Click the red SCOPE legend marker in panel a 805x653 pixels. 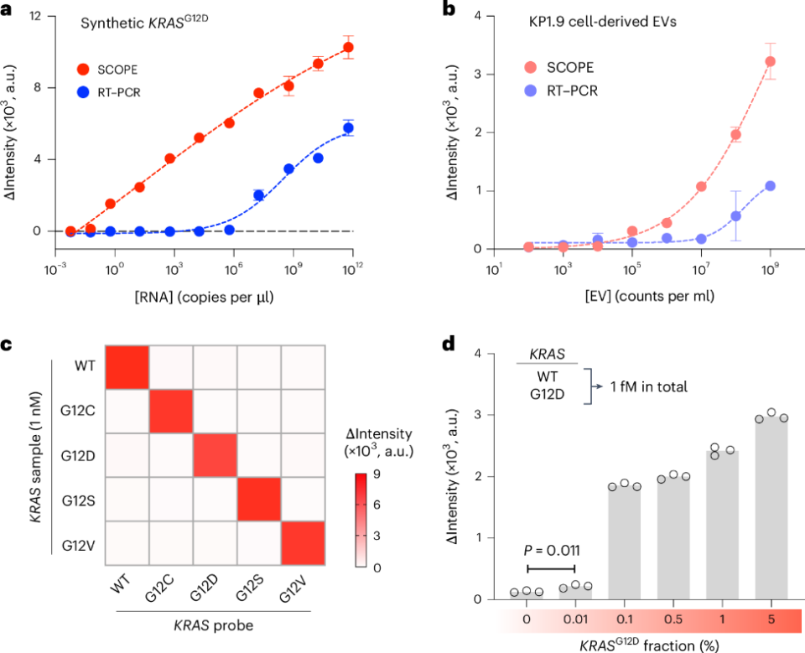pos(83,67)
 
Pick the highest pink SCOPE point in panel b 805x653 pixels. pos(770,61)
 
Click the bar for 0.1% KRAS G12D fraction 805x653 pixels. pos(624,542)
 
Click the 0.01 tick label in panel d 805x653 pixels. pos(574,619)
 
